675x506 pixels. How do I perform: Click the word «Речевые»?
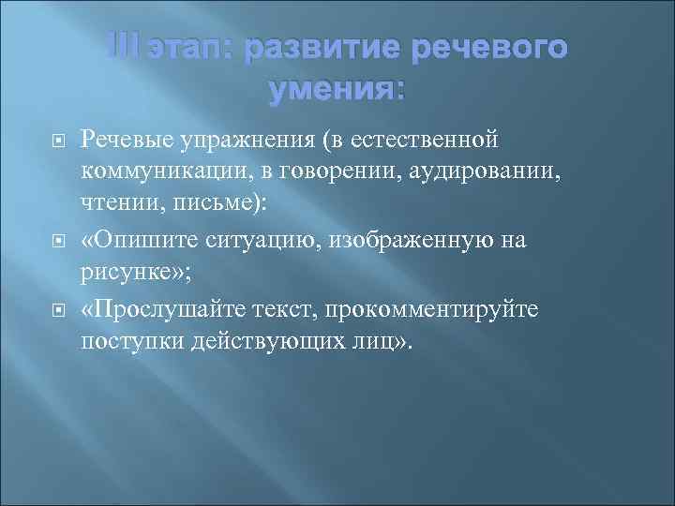122,141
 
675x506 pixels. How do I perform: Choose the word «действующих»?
258,344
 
